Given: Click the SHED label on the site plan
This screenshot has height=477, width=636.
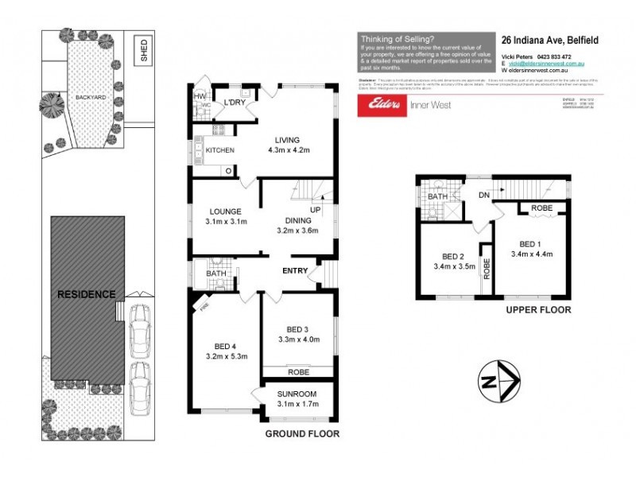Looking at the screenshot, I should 144,52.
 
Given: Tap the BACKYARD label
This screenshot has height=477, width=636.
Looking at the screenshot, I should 90,97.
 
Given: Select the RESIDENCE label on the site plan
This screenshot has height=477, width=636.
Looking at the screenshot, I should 87,293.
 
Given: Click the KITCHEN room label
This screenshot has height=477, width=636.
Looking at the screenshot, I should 220,149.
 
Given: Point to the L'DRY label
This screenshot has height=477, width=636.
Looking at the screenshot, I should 235,103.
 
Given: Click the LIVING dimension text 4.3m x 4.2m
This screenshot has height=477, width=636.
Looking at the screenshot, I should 286,149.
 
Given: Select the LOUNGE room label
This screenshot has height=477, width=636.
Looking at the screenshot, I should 226,211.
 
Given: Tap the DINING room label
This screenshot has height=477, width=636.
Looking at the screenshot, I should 292,220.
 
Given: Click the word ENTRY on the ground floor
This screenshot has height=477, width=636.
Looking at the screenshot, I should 295,271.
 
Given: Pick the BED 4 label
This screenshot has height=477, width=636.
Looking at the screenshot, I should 226,345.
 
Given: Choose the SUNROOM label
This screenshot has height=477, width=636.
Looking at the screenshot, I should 297,394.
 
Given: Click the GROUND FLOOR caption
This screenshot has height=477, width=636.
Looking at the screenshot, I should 302,434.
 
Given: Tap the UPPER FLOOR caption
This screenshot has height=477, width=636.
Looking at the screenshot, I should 538,310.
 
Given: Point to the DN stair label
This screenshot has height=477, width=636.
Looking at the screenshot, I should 483,195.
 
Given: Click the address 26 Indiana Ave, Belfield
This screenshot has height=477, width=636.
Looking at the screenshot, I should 549,39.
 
